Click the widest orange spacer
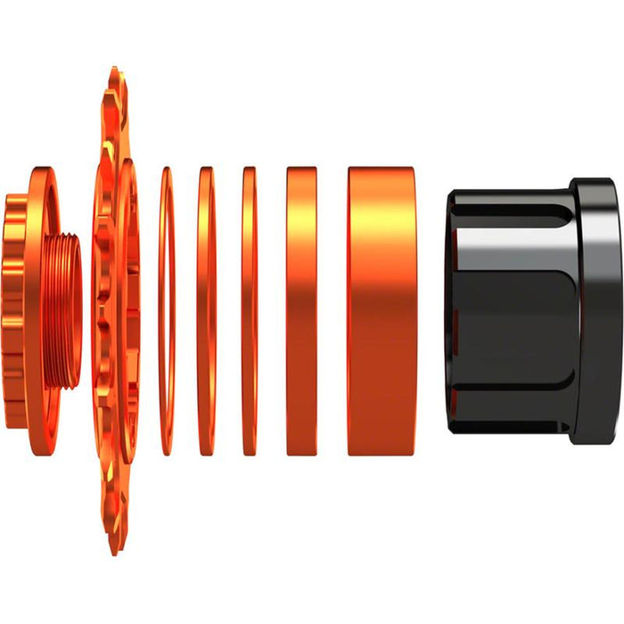382,312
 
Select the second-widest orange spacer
301,312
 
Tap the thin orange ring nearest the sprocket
166,312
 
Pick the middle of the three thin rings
206,312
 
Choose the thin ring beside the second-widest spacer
249,312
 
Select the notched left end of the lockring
11,312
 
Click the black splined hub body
517,312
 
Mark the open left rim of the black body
451,312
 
